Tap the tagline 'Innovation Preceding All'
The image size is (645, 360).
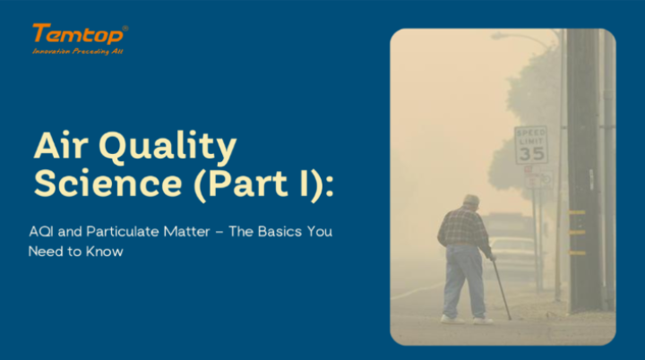pyautogui.click(x=77, y=51)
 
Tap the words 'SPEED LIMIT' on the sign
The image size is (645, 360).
pyautogui.click(x=530, y=136)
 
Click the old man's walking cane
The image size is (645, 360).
pyautogui.click(x=501, y=288)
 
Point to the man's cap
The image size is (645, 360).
pyautogui.click(x=471, y=200)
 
